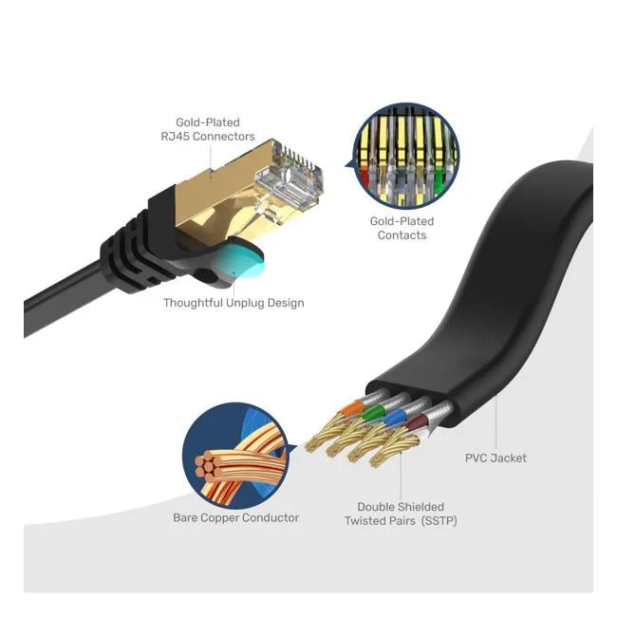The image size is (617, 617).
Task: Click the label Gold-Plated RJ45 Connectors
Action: tap(208, 129)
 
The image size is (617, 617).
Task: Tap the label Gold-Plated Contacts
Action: tap(402, 228)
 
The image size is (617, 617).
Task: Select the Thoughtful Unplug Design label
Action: tap(234, 303)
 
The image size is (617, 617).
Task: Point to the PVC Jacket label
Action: tap(495, 458)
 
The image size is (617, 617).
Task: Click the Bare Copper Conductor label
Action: tap(235, 517)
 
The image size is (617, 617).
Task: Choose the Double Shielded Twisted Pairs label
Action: tap(401, 514)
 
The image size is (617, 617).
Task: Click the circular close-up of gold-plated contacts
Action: tap(405, 156)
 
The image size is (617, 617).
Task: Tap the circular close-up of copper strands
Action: tap(235, 456)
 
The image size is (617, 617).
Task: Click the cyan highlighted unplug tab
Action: tap(241, 260)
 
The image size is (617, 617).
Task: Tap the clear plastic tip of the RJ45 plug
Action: tap(290, 178)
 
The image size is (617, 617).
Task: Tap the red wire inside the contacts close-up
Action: tap(365, 178)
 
